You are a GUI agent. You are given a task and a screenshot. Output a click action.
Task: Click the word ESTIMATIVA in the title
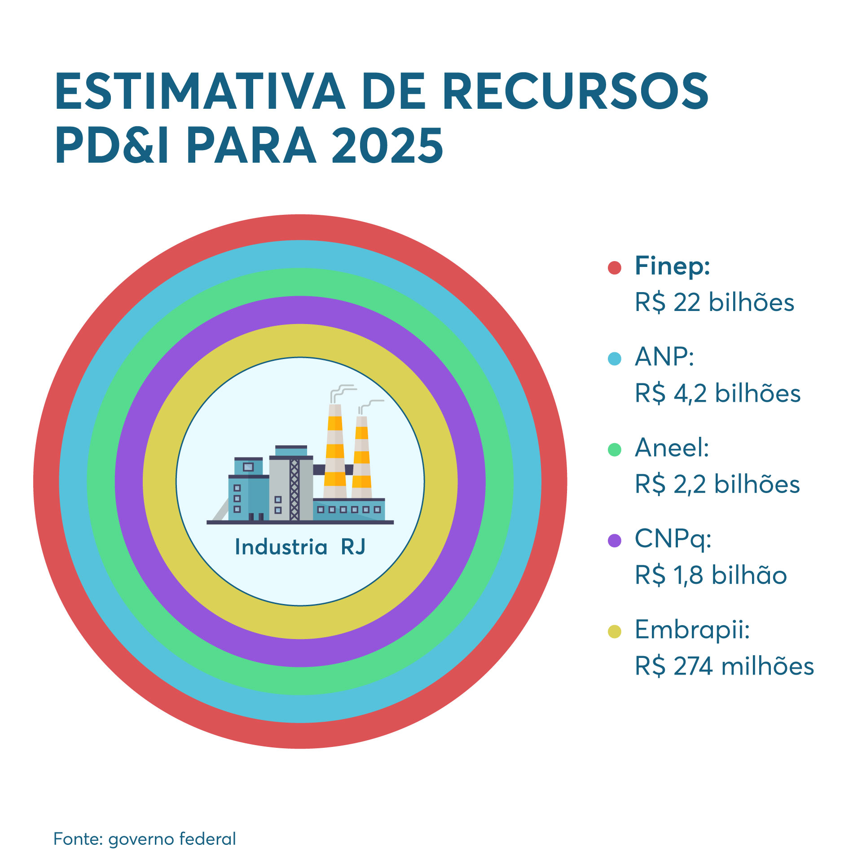point(200,91)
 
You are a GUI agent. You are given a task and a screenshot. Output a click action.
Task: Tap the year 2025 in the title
point(387,146)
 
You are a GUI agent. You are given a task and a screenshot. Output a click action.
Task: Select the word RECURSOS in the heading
point(576,91)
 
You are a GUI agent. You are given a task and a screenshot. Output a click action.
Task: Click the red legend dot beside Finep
point(614,267)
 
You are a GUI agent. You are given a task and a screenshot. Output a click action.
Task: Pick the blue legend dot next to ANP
point(614,359)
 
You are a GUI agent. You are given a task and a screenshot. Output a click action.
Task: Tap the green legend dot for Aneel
point(614,449)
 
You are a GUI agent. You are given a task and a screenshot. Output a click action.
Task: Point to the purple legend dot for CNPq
point(614,540)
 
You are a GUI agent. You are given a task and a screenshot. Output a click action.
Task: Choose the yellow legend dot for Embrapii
point(614,631)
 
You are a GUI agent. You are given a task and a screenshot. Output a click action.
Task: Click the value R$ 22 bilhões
point(714,302)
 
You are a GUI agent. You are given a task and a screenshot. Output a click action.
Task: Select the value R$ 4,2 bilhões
point(717,393)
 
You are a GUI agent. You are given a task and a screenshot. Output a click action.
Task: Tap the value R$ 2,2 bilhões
point(717,484)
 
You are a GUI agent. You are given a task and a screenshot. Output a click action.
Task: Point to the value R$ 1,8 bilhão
point(711,575)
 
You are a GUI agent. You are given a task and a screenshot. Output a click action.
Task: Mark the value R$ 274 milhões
point(724,666)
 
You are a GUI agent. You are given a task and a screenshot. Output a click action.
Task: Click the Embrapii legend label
point(692,630)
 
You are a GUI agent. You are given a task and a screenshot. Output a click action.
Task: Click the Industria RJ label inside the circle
point(300,547)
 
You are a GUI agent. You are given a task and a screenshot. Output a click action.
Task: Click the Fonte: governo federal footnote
point(145,839)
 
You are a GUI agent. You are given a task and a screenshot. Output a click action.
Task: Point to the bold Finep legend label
point(672,266)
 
